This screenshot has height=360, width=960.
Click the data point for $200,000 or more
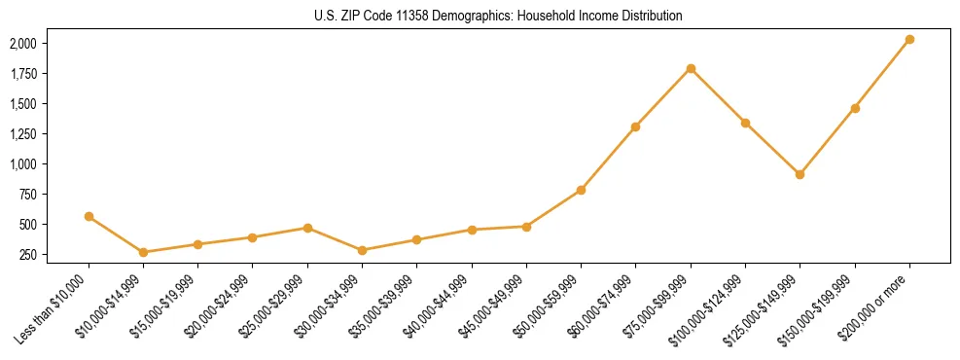pos(909,39)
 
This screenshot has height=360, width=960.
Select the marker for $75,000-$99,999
pos(691,68)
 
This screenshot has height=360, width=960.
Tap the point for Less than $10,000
pos(89,216)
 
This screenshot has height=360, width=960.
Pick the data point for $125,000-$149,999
pos(800,174)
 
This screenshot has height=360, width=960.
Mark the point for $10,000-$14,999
pos(143,252)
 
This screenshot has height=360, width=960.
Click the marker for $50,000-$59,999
pos(581,190)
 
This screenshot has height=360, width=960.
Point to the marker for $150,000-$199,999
pos(855,108)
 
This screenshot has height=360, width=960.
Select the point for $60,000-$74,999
pos(635,126)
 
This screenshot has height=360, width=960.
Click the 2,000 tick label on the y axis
pos(23,44)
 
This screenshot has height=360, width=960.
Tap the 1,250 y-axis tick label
pos(23,134)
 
